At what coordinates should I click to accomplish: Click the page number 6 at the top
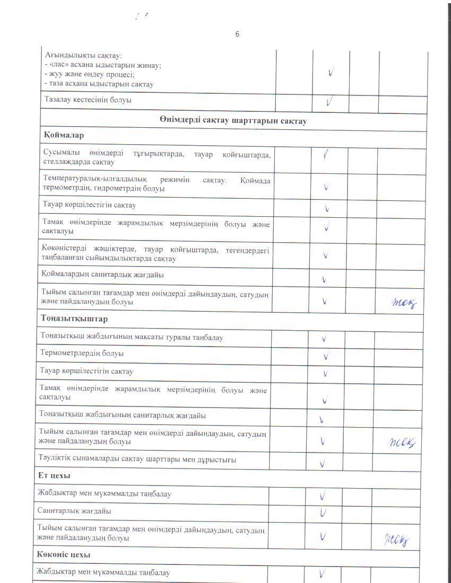pos(237,34)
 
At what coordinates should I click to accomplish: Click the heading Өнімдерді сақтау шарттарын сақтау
pos(233,121)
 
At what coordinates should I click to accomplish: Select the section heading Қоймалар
pos(64,136)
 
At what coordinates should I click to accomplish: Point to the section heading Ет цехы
pos(54,475)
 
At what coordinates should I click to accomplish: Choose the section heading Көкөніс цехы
pos(64,554)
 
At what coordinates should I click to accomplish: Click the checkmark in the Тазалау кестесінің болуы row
pos(329,100)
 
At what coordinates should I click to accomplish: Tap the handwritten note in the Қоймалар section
pos(404,303)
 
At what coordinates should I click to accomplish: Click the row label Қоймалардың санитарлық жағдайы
pos(103,275)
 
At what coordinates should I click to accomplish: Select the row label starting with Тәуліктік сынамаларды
pos(137,460)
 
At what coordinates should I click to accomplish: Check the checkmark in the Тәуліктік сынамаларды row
pos(323,464)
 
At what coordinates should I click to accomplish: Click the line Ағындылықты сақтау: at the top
pos(83,56)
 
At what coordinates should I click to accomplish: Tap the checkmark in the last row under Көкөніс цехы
pos(322,572)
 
